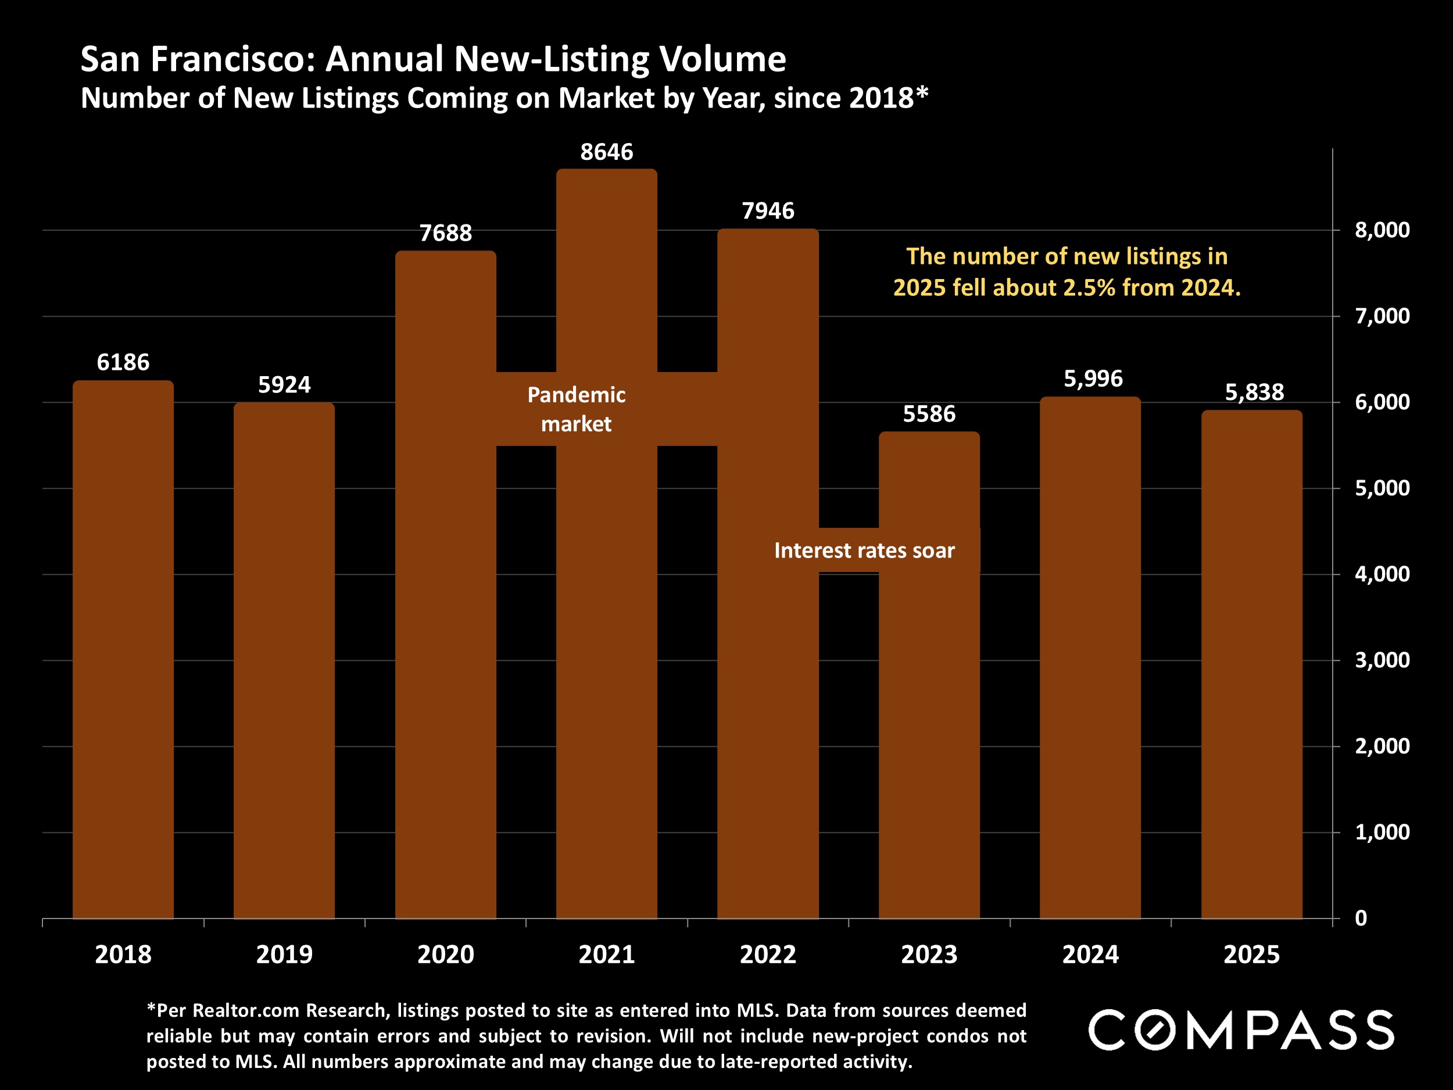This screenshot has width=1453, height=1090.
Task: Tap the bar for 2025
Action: (x=1251, y=664)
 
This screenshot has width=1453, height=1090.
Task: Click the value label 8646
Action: (x=606, y=152)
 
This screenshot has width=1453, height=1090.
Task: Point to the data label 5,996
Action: (x=1093, y=378)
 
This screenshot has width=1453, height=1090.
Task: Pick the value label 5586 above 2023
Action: (x=929, y=414)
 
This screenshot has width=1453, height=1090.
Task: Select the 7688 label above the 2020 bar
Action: (x=445, y=233)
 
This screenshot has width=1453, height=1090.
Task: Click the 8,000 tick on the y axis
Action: (x=1382, y=230)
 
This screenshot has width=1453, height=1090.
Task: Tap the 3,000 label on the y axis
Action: (x=1382, y=660)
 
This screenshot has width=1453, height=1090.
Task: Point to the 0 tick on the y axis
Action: (x=1361, y=918)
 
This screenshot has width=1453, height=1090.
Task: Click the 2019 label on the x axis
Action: (x=284, y=954)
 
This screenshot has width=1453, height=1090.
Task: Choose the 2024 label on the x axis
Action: (x=1090, y=954)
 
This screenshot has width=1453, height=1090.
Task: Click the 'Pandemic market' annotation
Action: (x=576, y=409)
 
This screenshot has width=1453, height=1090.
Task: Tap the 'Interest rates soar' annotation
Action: (x=864, y=550)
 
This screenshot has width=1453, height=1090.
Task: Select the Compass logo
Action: (x=1240, y=1030)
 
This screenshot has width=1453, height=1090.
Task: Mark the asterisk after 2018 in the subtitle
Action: (x=922, y=95)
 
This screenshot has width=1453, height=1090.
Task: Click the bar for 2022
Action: (x=767, y=657)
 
